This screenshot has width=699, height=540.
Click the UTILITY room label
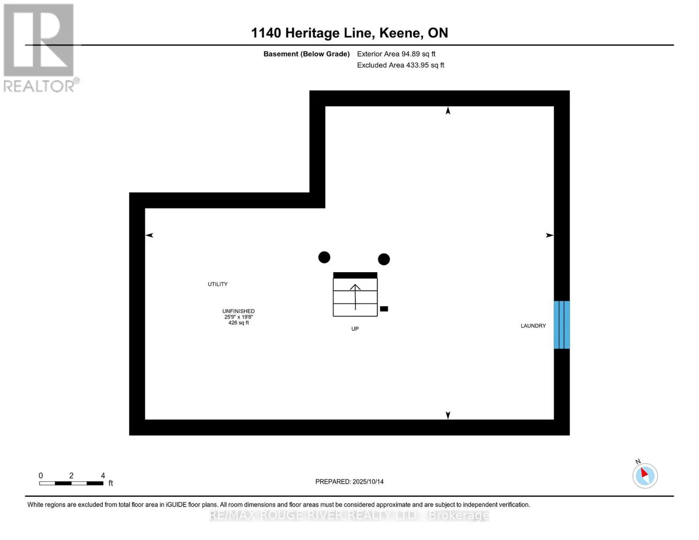point(217,284)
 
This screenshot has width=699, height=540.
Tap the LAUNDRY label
point(533,326)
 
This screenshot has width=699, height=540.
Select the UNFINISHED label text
point(238,311)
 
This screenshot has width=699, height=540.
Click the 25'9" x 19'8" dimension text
point(239,317)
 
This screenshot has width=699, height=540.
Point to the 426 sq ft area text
point(239,323)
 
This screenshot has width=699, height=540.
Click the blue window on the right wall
point(561,324)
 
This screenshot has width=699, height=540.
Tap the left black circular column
point(324,257)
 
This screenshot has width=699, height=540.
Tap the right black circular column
point(383,259)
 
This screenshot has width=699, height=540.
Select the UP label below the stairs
point(355,329)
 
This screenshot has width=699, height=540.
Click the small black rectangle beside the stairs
point(384,309)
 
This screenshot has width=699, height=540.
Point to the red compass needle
point(645,473)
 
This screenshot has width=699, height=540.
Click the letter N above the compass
point(638,462)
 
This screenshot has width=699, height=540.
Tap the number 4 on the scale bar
point(103,476)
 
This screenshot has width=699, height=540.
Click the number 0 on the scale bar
point(41,476)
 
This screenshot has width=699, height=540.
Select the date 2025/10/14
point(368,481)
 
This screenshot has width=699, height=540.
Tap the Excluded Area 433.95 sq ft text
point(400,65)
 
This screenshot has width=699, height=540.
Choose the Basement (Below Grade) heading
point(306,54)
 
